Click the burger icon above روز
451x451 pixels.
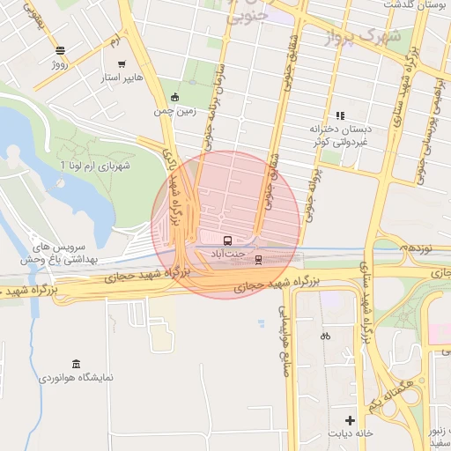point(59,51)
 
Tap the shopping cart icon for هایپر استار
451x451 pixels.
point(121,63)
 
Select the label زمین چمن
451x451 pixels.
point(173,112)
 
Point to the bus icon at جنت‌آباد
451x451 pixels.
point(227,240)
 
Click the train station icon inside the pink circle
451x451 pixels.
point(258,259)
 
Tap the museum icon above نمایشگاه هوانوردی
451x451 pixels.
point(76,364)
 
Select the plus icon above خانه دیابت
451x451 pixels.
point(351,419)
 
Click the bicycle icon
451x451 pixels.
point(325,336)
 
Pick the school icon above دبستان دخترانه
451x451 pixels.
point(339,115)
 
